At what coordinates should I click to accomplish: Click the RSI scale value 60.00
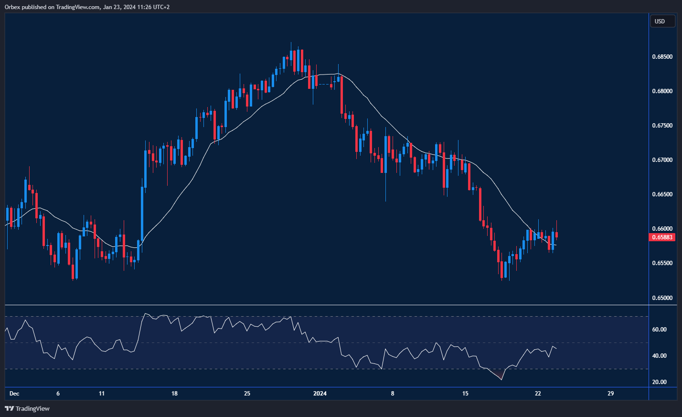click(659, 330)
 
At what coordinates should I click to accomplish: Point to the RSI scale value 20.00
click(659, 382)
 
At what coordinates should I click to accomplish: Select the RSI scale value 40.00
click(659, 356)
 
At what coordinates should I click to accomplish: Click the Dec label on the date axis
click(14, 394)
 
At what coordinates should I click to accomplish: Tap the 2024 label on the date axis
click(320, 394)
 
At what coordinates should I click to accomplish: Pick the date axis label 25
click(247, 394)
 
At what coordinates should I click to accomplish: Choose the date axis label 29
click(610, 394)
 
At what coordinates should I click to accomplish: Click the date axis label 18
click(174, 394)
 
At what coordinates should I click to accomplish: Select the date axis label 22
click(538, 394)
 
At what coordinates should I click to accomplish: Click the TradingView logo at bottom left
click(27, 408)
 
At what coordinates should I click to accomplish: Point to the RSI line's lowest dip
click(501, 379)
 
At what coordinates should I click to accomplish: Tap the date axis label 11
click(102, 394)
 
